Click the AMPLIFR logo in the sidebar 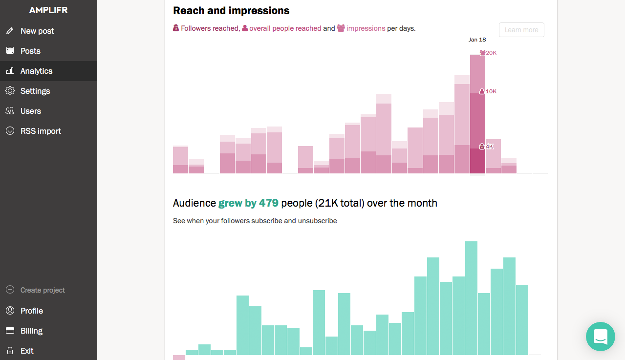coord(48,10)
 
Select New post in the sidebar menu coord(37,31)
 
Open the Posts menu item coord(30,51)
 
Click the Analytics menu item coord(36,71)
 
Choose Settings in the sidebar coord(35,91)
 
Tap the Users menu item coord(31,111)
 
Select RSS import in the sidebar coord(41,131)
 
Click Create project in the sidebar coord(43,290)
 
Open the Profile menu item coord(32,311)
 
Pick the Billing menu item coord(31,331)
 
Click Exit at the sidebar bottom coord(27,351)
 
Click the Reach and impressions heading coord(231,10)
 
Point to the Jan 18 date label coord(477,40)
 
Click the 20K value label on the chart coord(491,53)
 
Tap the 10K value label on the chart coord(491,91)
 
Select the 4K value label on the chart coord(490,147)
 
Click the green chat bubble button coord(600,336)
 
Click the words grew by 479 coord(248,203)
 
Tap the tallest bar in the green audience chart coord(471,298)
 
